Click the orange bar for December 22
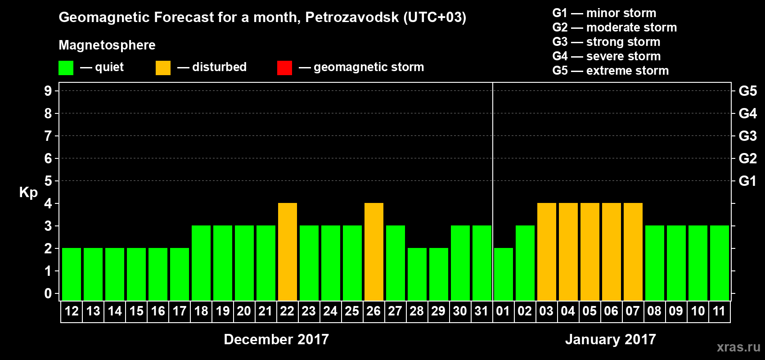click(x=288, y=252)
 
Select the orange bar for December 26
click(x=374, y=252)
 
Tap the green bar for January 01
click(x=504, y=274)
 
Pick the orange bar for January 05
click(x=590, y=252)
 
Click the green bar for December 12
click(x=72, y=274)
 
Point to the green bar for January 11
click(x=720, y=263)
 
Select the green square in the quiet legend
click(x=66, y=68)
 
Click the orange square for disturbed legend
click(x=163, y=68)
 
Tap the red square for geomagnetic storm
click(x=284, y=68)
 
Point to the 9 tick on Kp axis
click(x=48, y=91)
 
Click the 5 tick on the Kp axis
click(x=48, y=181)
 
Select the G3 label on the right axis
click(x=747, y=136)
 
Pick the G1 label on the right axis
click(x=747, y=181)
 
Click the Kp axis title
click(x=28, y=193)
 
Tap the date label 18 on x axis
click(x=201, y=311)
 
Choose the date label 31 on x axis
click(x=481, y=311)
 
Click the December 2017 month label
click(x=276, y=339)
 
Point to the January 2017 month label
click(x=611, y=339)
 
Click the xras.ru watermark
click(x=738, y=347)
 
